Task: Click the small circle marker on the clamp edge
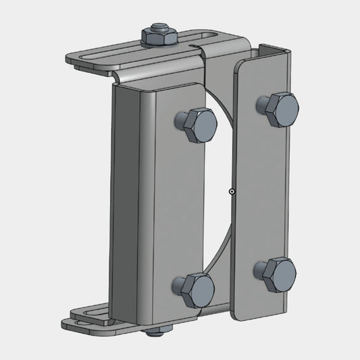[x=232, y=192]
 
